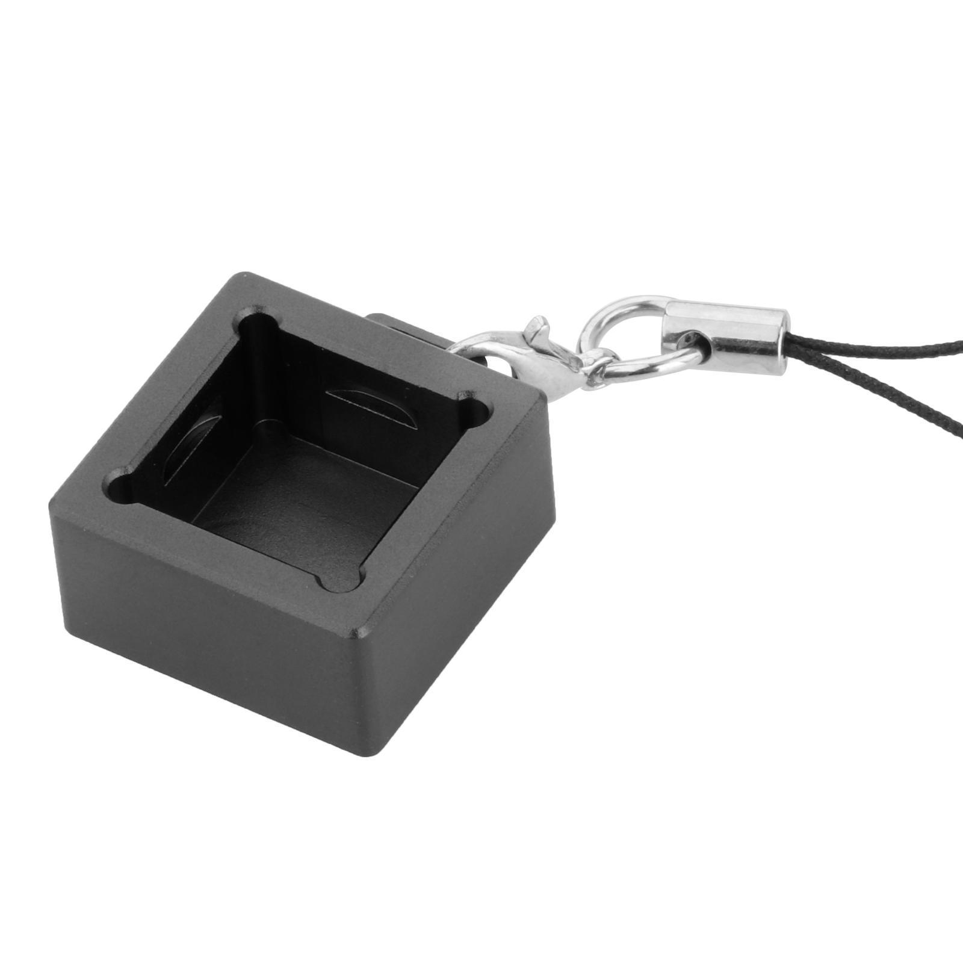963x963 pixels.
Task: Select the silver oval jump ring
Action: tap(638, 336)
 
